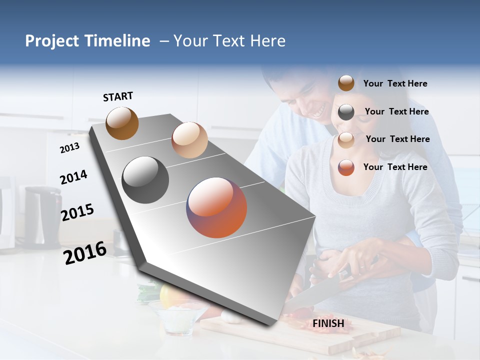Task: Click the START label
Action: point(118,96)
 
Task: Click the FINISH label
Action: point(328,323)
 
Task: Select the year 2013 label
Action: point(69,148)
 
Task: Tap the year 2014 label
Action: point(73,177)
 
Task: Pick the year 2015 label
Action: point(77,212)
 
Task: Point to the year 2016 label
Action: point(85,253)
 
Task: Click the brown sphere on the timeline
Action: point(122,123)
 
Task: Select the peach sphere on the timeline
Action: point(189,140)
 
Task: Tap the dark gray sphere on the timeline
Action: point(145,180)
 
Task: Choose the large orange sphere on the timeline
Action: point(217,207)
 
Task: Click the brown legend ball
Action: point(346,83)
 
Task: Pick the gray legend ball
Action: point(346,112)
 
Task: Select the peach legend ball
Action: point(346,139)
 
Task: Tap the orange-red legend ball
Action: point(346,167)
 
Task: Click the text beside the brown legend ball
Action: point(395,83)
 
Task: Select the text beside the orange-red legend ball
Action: point(395,167)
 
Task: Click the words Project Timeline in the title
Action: point(87,41)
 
